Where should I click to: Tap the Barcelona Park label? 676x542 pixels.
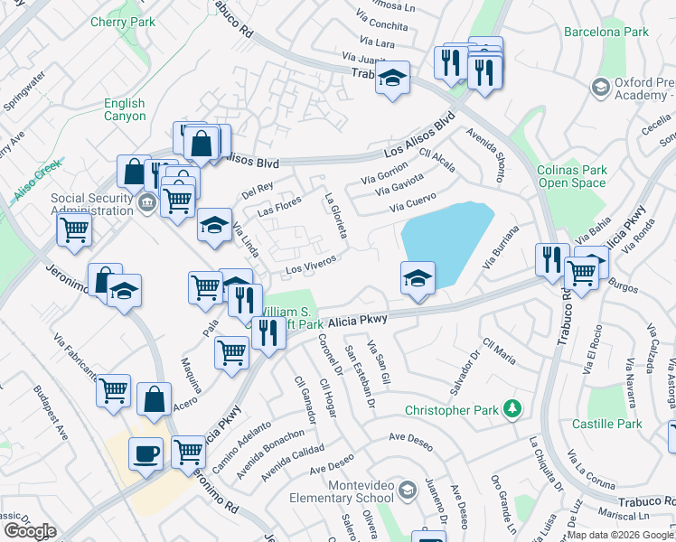[606, 33]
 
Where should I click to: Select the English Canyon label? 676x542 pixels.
[125, 110]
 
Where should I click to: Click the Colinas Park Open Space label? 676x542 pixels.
[572, 176]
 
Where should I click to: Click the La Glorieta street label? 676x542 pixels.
[335, 217]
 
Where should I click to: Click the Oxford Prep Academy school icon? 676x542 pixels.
[600, 87]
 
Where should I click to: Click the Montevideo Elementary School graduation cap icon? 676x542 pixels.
[407, 490]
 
